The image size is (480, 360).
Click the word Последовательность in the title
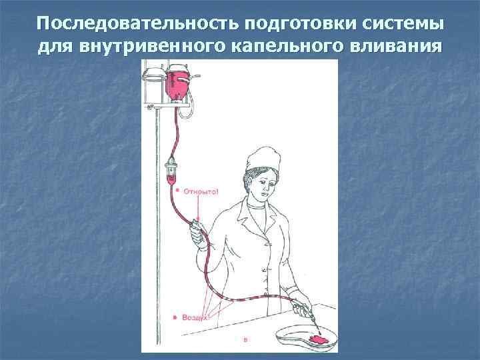[137, 24]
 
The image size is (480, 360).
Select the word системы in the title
[403, 24]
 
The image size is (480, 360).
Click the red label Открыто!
[201, 192]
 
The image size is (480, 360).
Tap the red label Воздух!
[195, 317]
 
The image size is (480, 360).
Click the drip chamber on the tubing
[171, 171]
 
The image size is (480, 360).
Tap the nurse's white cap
[263, 158]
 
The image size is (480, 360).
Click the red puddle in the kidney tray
[319, 339]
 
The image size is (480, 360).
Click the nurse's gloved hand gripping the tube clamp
[198, 235]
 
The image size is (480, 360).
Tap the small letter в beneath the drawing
[245, 339]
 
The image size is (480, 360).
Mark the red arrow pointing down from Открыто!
[199, 209]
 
